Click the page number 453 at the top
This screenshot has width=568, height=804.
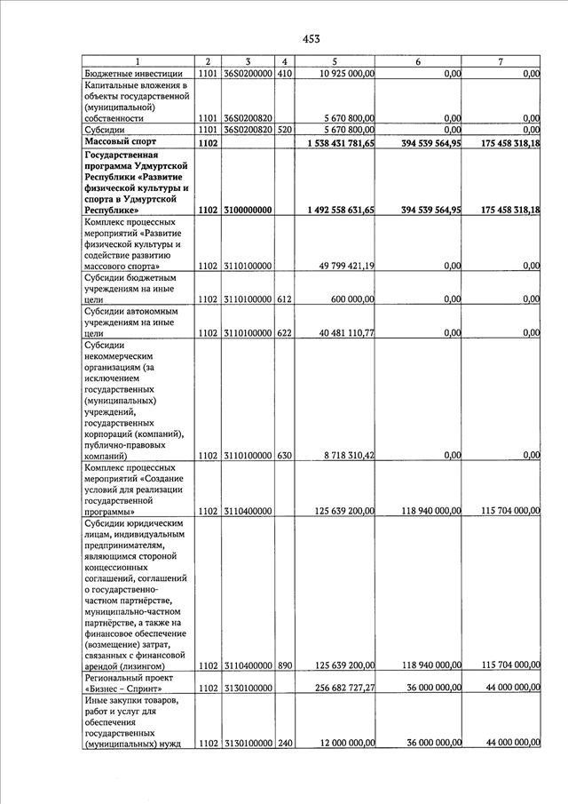(311, 38)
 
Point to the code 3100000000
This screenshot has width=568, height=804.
(247, 210)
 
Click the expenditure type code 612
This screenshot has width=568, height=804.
(284, 299)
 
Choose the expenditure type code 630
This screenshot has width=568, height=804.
(284, 456)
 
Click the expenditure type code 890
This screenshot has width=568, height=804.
(284, 665)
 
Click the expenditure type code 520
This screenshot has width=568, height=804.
(284, 130)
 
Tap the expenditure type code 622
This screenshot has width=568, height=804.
(284, 333)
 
